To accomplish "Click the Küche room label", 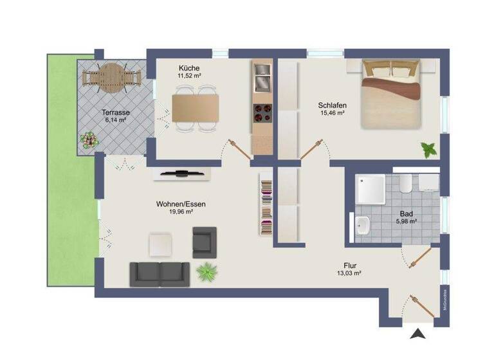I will pos(189,68).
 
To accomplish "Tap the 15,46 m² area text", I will pos(332,113).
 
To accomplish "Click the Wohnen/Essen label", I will pos(181,204).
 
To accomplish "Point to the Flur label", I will pos(351,265).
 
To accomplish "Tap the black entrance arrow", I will pos(418,333).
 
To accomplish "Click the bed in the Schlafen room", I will pos(392,94).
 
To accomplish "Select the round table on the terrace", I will pos(112,76).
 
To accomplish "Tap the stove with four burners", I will pos(262,114).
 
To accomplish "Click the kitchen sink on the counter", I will pos(262,82).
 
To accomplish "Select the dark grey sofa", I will pos(160,274).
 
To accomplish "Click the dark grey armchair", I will pos(205,242).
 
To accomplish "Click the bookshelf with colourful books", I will pos(266,205).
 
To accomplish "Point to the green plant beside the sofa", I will pos(206,272).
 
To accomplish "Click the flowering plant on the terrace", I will pos(89,139).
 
